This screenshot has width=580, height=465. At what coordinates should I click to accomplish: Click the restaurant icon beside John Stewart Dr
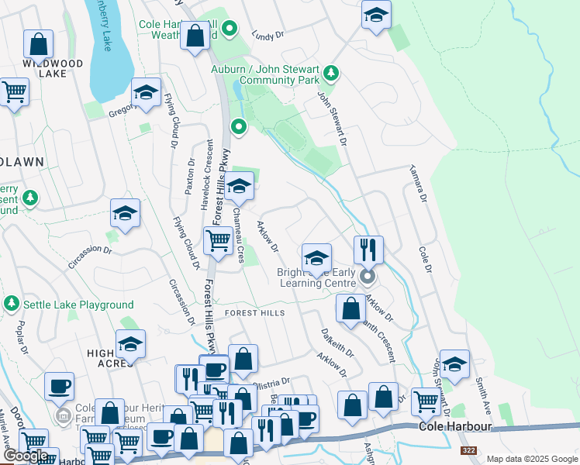[368, 250]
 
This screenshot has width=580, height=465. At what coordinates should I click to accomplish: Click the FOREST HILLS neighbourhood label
[254, 313]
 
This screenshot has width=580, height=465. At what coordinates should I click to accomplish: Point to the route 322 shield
[468, 450]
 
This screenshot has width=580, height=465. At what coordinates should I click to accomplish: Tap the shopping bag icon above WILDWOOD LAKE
[39, 43]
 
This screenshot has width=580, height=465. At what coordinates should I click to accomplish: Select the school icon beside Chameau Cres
[240, 186]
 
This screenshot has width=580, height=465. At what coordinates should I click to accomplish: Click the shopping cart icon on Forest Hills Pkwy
[218, 241]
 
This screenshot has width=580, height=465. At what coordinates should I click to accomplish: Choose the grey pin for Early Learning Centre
[368, 276]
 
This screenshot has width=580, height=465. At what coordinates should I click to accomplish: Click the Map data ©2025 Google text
[531, 459]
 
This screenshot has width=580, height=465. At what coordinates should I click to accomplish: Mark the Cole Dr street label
[425, 260]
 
